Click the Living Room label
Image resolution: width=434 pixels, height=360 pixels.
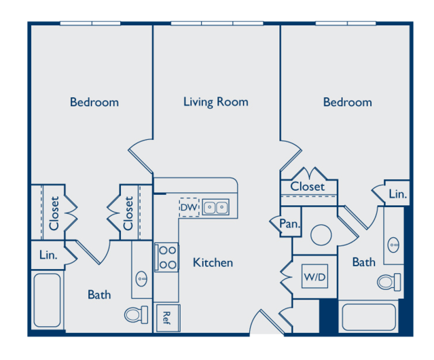pos(215,102)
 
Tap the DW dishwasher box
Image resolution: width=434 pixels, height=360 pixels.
pos(189,207)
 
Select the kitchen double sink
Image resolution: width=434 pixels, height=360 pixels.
pos(216,207)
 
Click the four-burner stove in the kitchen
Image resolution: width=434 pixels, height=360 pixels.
pos(167,257)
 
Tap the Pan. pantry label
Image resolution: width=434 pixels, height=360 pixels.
pos(287,223)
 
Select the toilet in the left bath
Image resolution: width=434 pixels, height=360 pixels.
pos(137,314)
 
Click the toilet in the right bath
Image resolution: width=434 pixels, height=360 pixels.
pos(389,281)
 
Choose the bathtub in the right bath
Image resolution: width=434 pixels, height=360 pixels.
pos(368,317)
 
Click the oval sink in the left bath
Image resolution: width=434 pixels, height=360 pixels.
pos(142,277)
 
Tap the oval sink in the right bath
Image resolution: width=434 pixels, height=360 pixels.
pos(394,243)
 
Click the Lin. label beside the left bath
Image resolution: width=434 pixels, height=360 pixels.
pos(48,255)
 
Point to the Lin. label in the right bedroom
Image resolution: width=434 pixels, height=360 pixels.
pos(398,194)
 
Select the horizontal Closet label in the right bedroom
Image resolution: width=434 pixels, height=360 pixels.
pos(308,186)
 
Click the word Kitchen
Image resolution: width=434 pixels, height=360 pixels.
pos(213,263)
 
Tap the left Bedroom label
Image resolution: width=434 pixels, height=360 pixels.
pos(94,103)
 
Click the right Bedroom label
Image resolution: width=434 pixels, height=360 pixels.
pos(347,103)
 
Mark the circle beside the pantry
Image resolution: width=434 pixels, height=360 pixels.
pos(321,236)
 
